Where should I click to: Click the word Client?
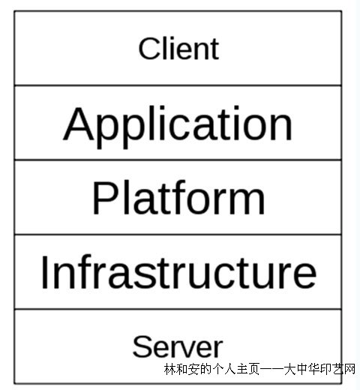pyautogui.click(x=178, y=49)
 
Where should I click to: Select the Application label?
pyautogui.click(x=178, y=127)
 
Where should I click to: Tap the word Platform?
pyautogui.click(x=178, y=197)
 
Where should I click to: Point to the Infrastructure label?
pyautogui.click(x=178, y=271)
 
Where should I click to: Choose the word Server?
pyautogui.click(x=178, y=346)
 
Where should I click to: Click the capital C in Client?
pyautogui.click(x=148, y=49)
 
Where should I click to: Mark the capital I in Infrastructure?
pyautogui.click(x=44, y=272)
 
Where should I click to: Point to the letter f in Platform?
pyautogui.click(x=177, y=197)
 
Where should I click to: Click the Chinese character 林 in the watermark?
pyautogui.click(x=170, y=369)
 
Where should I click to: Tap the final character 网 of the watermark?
pyautogui.click(x=349, y=369)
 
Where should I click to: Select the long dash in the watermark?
pyautogui.click(x=271, y=369)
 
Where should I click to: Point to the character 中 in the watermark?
pyautogui.click(x=301, y=369)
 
